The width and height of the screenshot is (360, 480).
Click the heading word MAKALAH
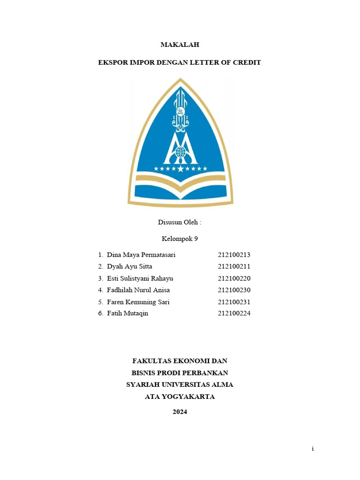coord(180,45)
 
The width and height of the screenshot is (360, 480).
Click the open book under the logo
coord(180,190)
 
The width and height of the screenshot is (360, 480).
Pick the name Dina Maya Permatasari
coord(141,255)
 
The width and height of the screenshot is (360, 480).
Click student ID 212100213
coord(234,255)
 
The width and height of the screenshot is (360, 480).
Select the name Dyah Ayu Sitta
coord(129,267)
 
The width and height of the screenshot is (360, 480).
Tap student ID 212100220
coord(234,278)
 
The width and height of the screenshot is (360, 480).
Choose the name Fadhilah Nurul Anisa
coord(138,290)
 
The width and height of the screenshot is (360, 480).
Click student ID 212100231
coord(234,302)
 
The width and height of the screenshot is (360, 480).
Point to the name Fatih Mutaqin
coord(127,314)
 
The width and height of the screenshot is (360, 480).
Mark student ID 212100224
coord(234,314)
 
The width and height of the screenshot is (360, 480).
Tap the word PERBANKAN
coord(208,373)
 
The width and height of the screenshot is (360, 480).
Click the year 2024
coord(180,412)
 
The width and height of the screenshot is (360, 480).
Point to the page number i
coord(313,449)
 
